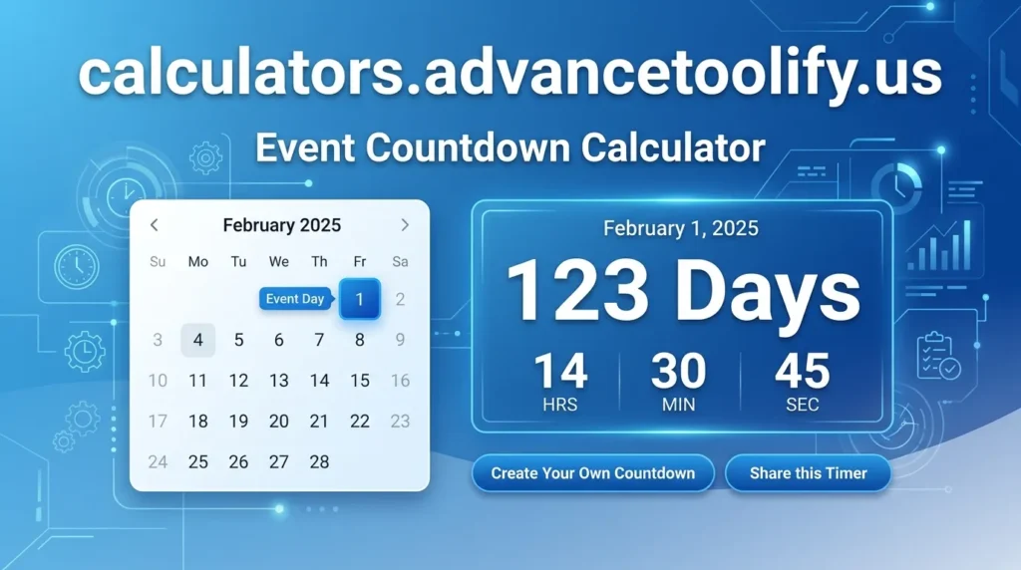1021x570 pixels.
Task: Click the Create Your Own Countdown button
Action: click(x=592, y=473)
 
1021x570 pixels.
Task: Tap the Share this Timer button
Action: click(x=808, y=473)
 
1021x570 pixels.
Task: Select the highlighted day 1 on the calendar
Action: click(x=360, y=298)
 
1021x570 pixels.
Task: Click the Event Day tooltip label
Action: click(x=294, y=299)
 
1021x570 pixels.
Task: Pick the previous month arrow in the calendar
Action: click(x=155, y=225)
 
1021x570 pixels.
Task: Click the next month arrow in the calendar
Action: click(x=405, y=225)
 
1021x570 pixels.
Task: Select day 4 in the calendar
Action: click(x=198, y=340)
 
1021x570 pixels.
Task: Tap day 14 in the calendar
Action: click(x=319, y=381)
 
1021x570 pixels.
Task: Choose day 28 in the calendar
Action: click(x=319, y=461)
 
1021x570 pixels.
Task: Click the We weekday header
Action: click(x=279, y=262)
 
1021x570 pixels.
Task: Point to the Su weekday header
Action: click(x=158, y=262)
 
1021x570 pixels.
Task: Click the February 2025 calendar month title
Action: click(x=281, y=225)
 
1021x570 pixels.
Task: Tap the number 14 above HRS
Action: click(x=560, y=373)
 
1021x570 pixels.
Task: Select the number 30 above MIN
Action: click(x=679, y=373)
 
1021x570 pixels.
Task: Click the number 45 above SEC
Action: click(x=802, y=373)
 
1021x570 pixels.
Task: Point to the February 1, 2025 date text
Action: click(x=681, y=229)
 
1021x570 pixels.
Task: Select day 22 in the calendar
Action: click(x=360, y=421)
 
